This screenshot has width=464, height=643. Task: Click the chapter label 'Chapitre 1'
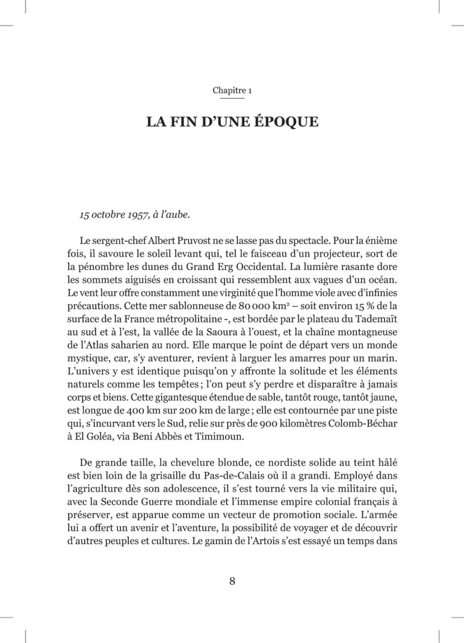coord(232,90)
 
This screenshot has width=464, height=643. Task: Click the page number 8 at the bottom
coord(232,581)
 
